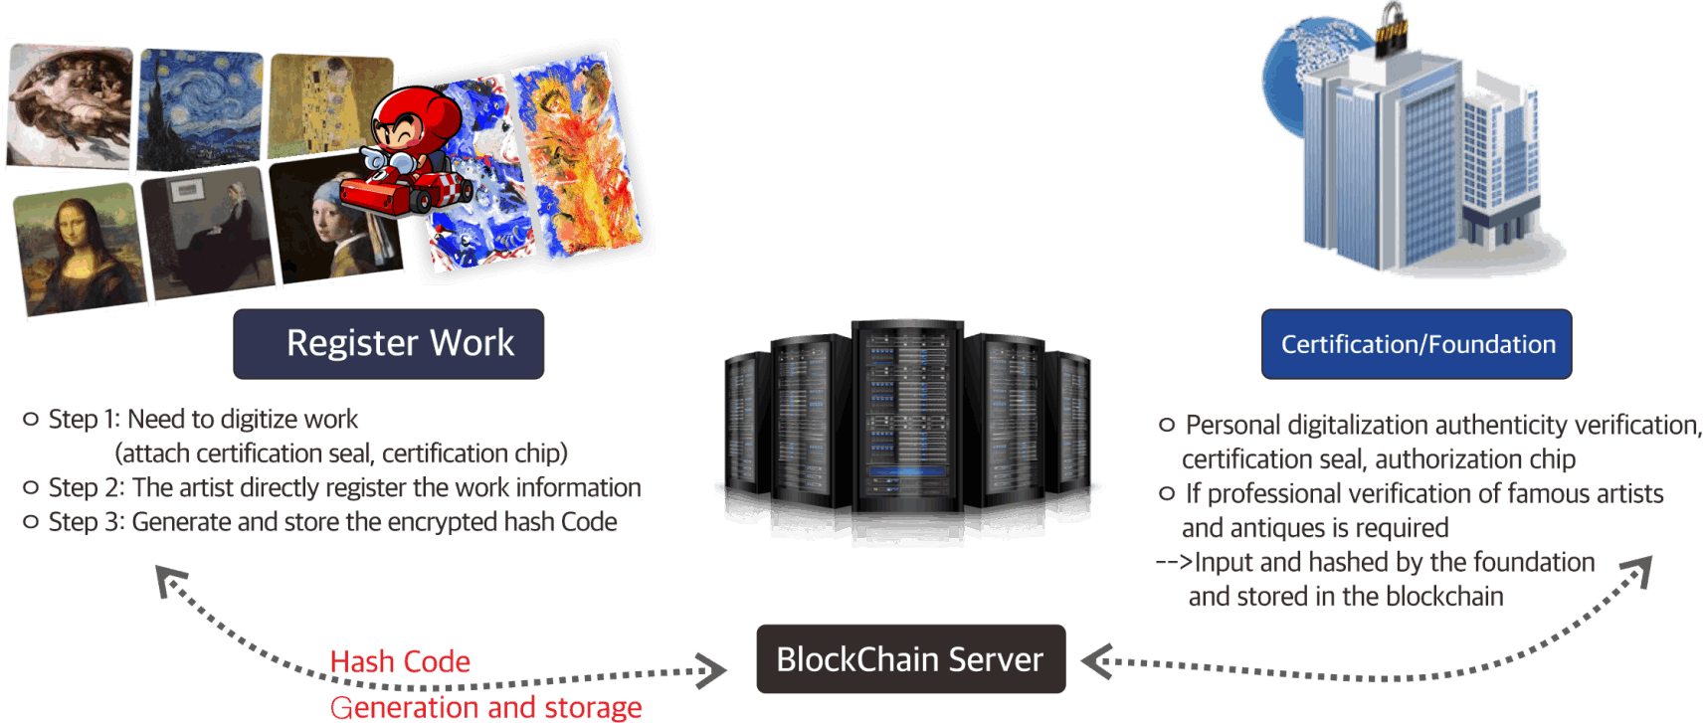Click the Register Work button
[389, 343]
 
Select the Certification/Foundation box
[1417, 344]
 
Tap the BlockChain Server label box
[910, 659]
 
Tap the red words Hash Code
[400, 661]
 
